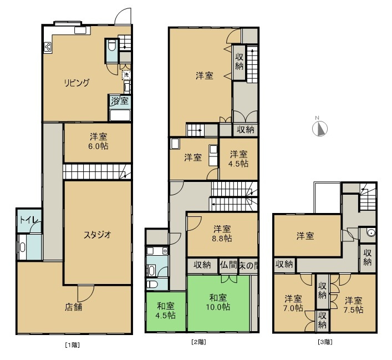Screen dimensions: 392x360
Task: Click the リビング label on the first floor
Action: [77, 83]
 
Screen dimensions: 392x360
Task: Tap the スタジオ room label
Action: [98, 235]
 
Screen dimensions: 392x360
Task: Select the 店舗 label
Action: [74, 307]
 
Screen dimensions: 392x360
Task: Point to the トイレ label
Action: [29, 220]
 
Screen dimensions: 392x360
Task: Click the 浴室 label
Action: [120, 101]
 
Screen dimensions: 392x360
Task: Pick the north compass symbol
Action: [320, 128]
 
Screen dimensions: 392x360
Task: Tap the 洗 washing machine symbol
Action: [126, 74]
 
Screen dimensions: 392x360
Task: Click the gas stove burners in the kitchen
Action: [48, 47]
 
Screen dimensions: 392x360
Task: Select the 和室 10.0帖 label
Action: [218, 302]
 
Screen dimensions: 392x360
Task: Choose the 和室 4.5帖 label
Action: [165, 311]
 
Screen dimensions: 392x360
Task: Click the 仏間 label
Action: [228, 265]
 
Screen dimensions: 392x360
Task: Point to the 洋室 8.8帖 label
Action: [222, 234]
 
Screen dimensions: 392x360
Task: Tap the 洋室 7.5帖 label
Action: [353, 305]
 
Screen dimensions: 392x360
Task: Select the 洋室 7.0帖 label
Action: [293, 303]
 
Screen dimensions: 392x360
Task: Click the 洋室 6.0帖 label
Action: [98, 141]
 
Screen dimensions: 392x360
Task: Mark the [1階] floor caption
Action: [73, 345]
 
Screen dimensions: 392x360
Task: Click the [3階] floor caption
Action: [325, 342]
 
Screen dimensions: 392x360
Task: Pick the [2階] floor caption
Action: [198, 342]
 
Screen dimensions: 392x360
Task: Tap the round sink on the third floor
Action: [371, 233]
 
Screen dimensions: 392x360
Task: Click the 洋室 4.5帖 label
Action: [239, 159]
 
